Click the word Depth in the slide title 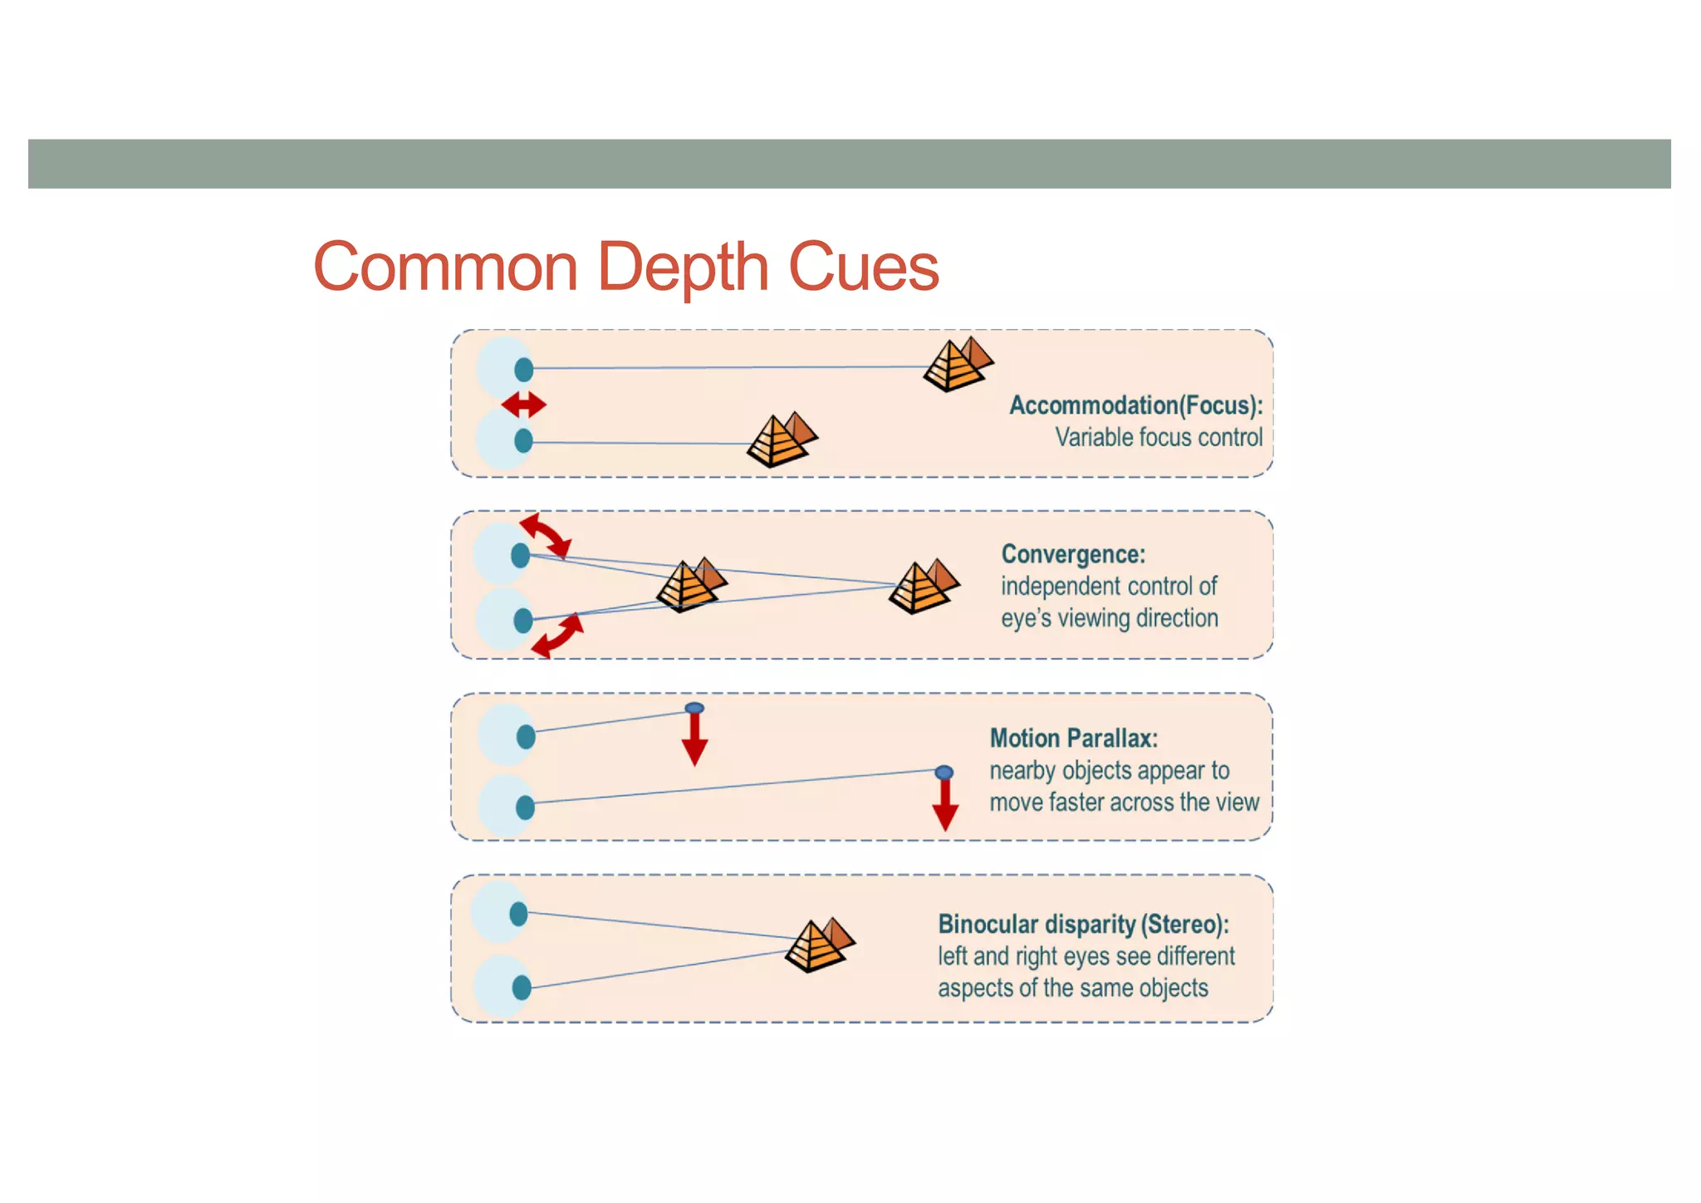pyautogui.click(x=683, y=268)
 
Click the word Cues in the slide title pyautogui.click(x=863, y=268)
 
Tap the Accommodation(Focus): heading pyautogui.click(x=1135, y=405)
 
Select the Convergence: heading pyautogui.click(x=1073, y=554)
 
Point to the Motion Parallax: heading pyautogui.click(x=1073, y=738)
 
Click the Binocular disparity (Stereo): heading pyautogui.click(x=1083, y=924)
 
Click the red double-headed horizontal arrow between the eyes pyautogui.click(x=524, y=405)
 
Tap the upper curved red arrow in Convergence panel pyautogui.click(x=546, y=535)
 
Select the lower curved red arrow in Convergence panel pyautogui.click(x=557, y=636)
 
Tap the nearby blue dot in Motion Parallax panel pyautogui.click(x=694, y=708)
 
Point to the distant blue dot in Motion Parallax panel pyautogui.click(x=944, y=773)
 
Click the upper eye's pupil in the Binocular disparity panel pyautogui.click(x=519, y=914)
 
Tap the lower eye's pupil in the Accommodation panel pyautogui.click(x=523, y=441)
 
